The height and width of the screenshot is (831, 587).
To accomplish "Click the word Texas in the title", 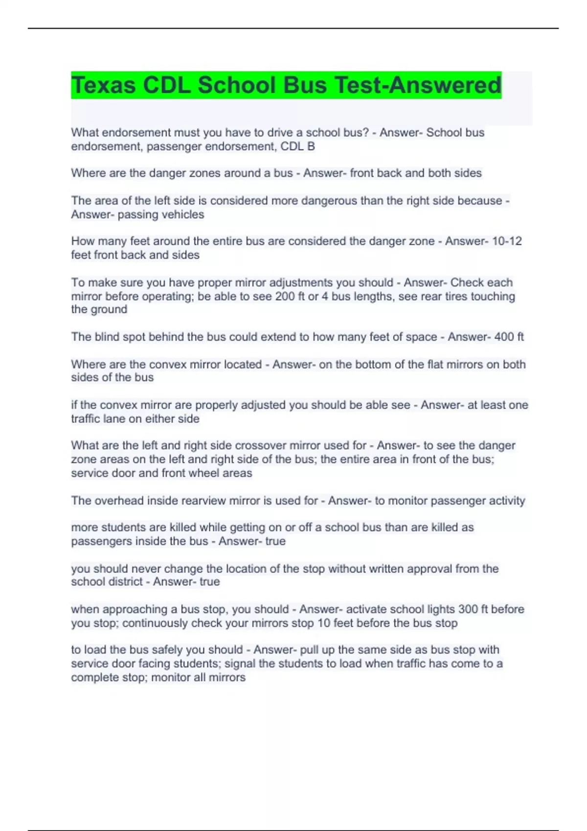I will [103, 85].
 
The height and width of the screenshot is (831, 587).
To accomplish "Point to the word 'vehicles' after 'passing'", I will [183, 215].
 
